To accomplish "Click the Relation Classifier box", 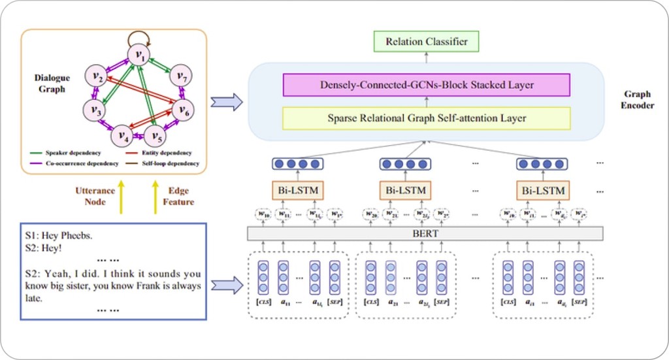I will tap(426, 42).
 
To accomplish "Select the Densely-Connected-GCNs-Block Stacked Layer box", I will tap(426, 85).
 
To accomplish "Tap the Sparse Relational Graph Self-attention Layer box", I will tap(426, 118).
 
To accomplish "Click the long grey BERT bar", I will tap(425, 233).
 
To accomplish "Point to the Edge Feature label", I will tap(178, 196).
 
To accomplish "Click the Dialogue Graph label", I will tap(52, 83).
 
